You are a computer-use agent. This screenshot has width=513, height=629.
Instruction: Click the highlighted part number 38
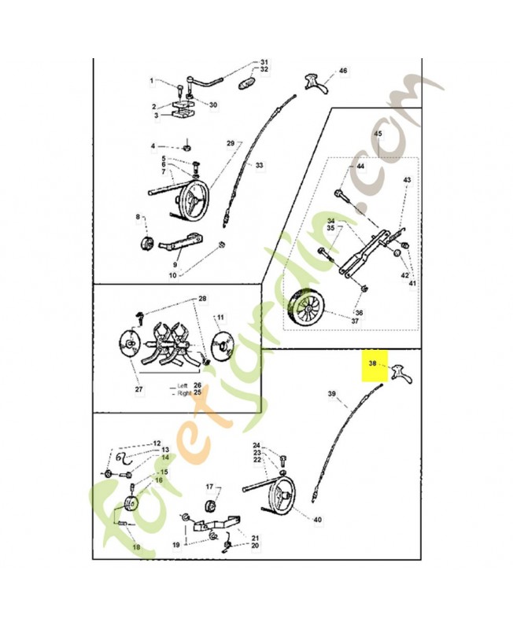point(372,363)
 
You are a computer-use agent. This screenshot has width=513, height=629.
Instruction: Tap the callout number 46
point(343,71)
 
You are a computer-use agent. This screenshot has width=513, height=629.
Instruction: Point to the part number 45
point(378,134)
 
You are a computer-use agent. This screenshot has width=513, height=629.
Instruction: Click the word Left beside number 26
point(183,386)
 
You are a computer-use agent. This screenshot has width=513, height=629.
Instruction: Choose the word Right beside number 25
point(184,394)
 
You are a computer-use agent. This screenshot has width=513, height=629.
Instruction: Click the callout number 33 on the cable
point(259,165)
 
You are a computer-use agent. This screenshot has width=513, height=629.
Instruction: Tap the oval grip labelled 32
point(247,84)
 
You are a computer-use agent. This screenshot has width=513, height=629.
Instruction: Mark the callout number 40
point(317,520)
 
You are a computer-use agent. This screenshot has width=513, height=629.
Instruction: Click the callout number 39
point(331,394)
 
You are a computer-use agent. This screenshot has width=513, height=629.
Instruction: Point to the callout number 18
point(136,546)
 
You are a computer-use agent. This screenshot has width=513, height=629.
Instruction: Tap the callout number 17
point(209,487)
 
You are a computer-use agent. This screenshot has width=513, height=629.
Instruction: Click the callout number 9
point(175,265)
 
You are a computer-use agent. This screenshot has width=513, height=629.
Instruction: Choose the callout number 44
point(360,166)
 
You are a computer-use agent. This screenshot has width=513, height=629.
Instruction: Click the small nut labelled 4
point(186,148)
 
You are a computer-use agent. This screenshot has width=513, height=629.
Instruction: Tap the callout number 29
point(231,143)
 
